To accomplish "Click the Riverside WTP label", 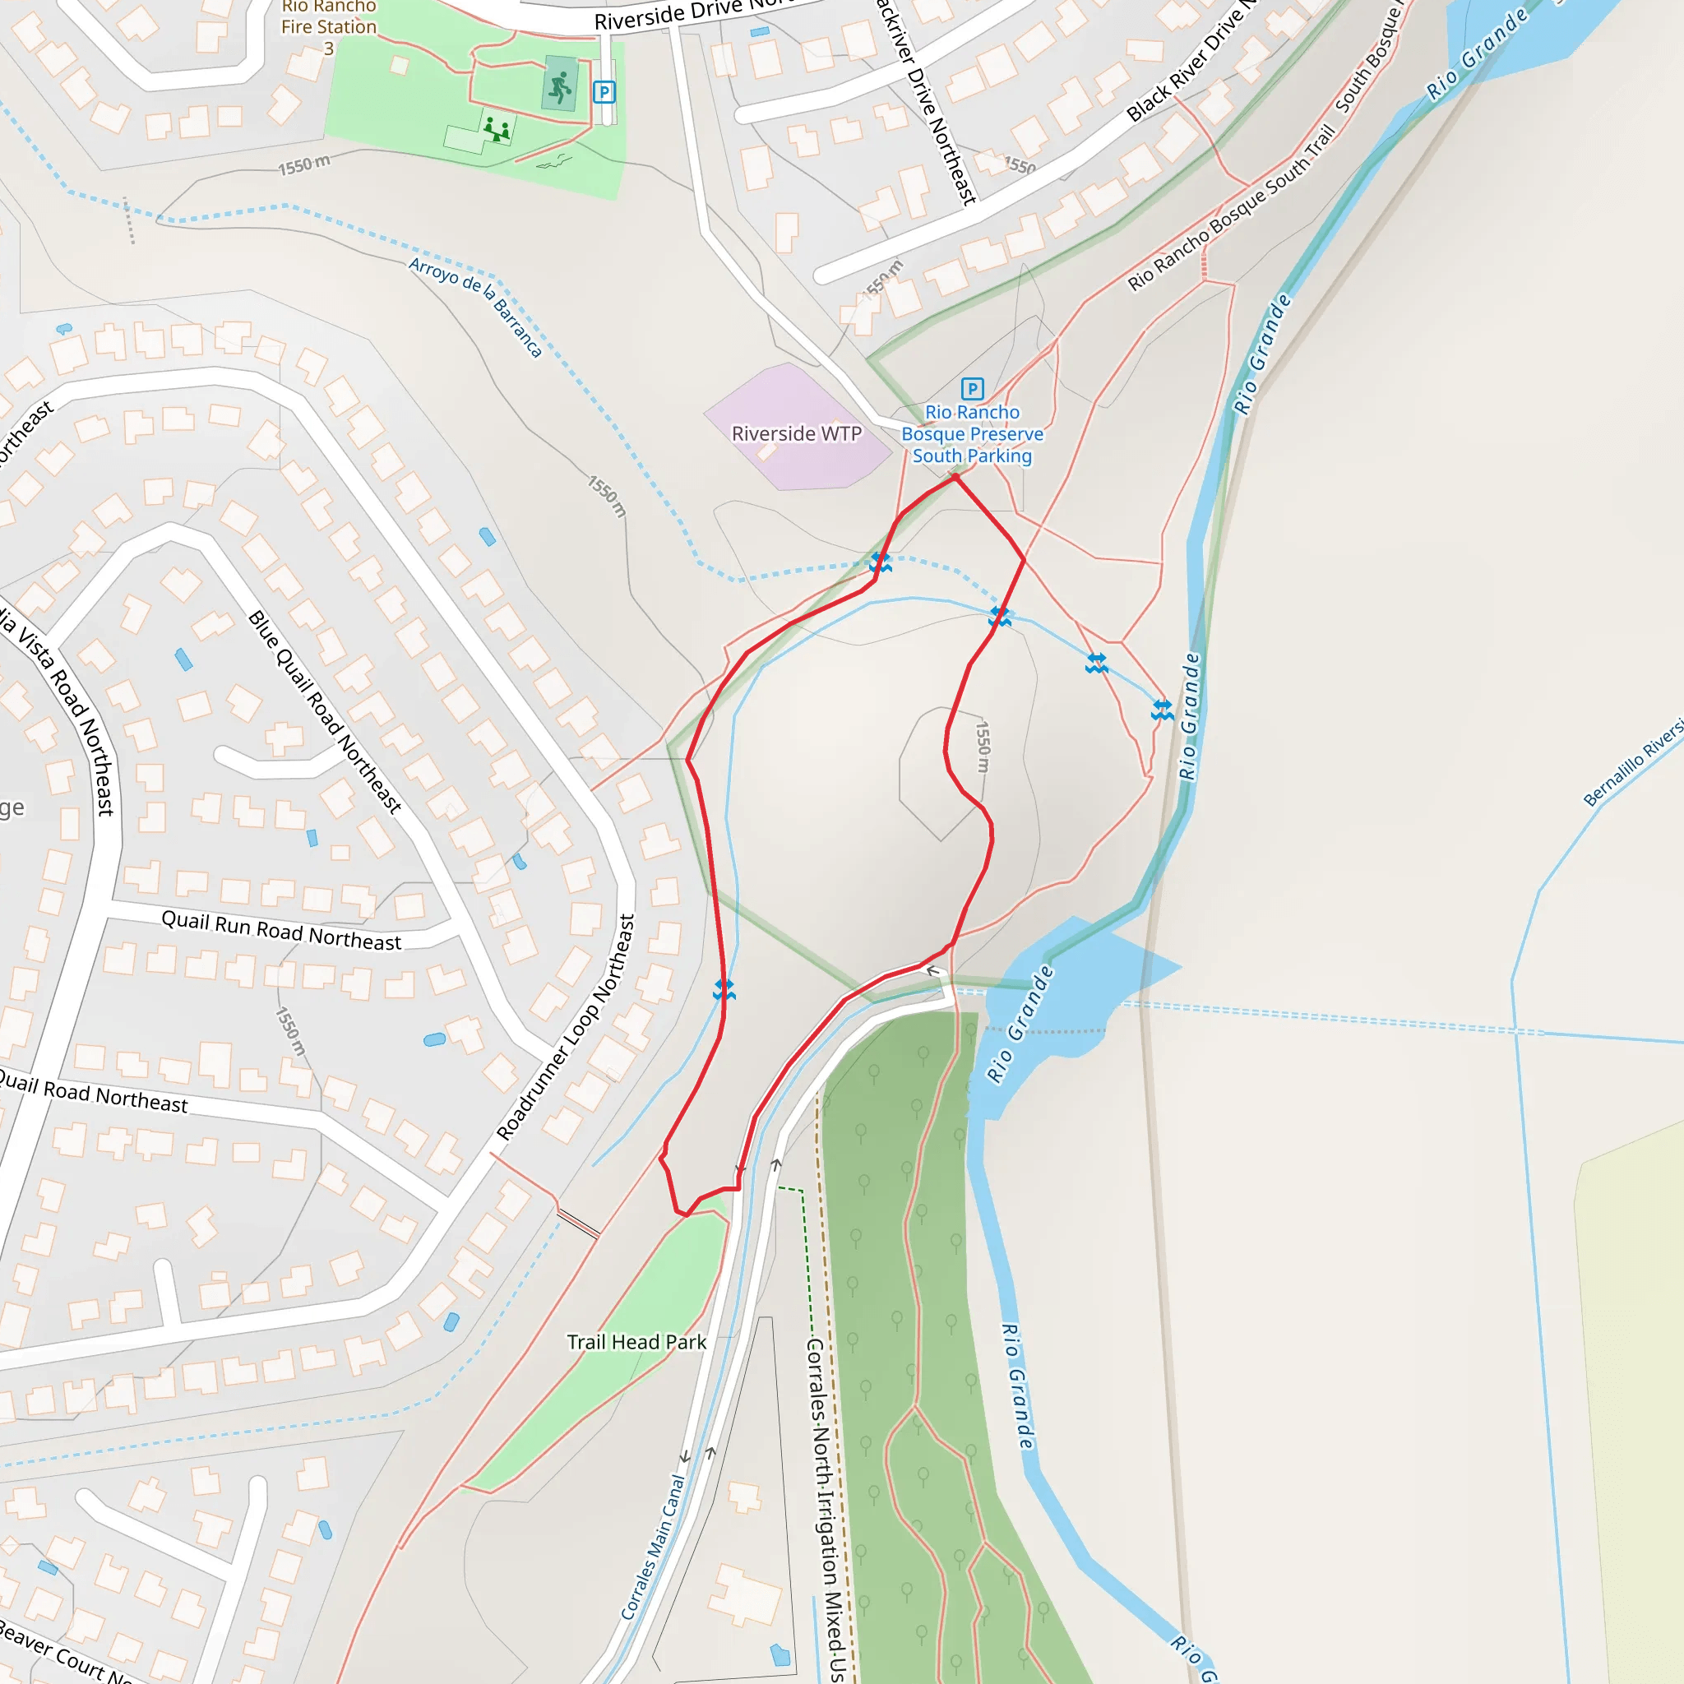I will click(796, 433).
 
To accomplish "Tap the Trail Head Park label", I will click(636, 1341).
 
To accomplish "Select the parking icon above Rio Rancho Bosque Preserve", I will click(972, 389).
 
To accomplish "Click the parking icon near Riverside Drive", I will click(604, 91).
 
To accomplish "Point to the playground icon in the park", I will click(496, 130).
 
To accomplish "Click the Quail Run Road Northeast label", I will click(281, 931).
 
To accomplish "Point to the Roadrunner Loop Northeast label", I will click(567, 1027).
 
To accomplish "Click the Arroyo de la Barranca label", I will click(476, 307).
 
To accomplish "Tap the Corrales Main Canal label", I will click(653, 1548).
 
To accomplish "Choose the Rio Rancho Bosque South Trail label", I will click(1231, 207).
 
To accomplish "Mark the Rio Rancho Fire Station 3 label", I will click(329, 27).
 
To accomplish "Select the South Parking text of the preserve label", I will click(972, 456).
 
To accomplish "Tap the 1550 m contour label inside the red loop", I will click(983, 747).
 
